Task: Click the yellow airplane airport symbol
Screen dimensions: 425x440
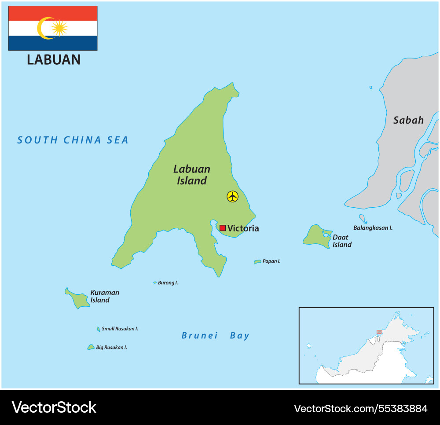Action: pos(232,196)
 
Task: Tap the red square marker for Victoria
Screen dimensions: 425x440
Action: pos(223,228)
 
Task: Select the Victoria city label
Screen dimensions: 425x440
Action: pos(243,228)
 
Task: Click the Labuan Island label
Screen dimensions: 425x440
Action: pos(192,175)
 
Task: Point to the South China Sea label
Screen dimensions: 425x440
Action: pos(73,140)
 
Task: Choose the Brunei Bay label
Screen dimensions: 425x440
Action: pos(215,336)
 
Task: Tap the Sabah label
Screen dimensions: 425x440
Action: pos(408,120)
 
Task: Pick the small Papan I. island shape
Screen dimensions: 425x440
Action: pos(257,262)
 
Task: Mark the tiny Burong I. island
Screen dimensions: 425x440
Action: pos(155,282)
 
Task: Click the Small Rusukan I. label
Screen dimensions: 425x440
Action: pos(120,329)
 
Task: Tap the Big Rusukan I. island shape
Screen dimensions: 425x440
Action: pos(91,347)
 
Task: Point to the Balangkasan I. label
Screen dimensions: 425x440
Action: pos(373,228)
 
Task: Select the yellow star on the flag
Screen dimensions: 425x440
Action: pos(59,28)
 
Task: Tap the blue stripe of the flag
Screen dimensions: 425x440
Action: pos(53,43)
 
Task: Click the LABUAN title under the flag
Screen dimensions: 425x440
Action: pos(54,59)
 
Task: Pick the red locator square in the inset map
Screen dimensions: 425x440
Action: pos(379,332)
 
